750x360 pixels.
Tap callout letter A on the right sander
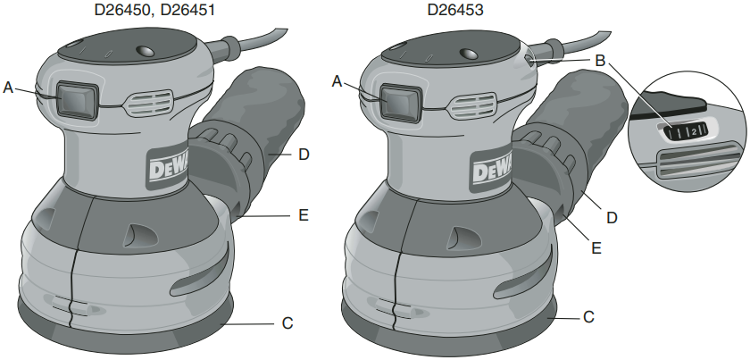(337, 81)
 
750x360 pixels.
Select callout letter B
(600, 61)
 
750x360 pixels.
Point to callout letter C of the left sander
(287, 322)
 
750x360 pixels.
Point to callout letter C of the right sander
(588, 316)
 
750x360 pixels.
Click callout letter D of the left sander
(304, 155)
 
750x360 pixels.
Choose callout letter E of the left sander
(304, 215)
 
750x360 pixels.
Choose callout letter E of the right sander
(596, 248)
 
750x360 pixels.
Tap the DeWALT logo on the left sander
(165, 168)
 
